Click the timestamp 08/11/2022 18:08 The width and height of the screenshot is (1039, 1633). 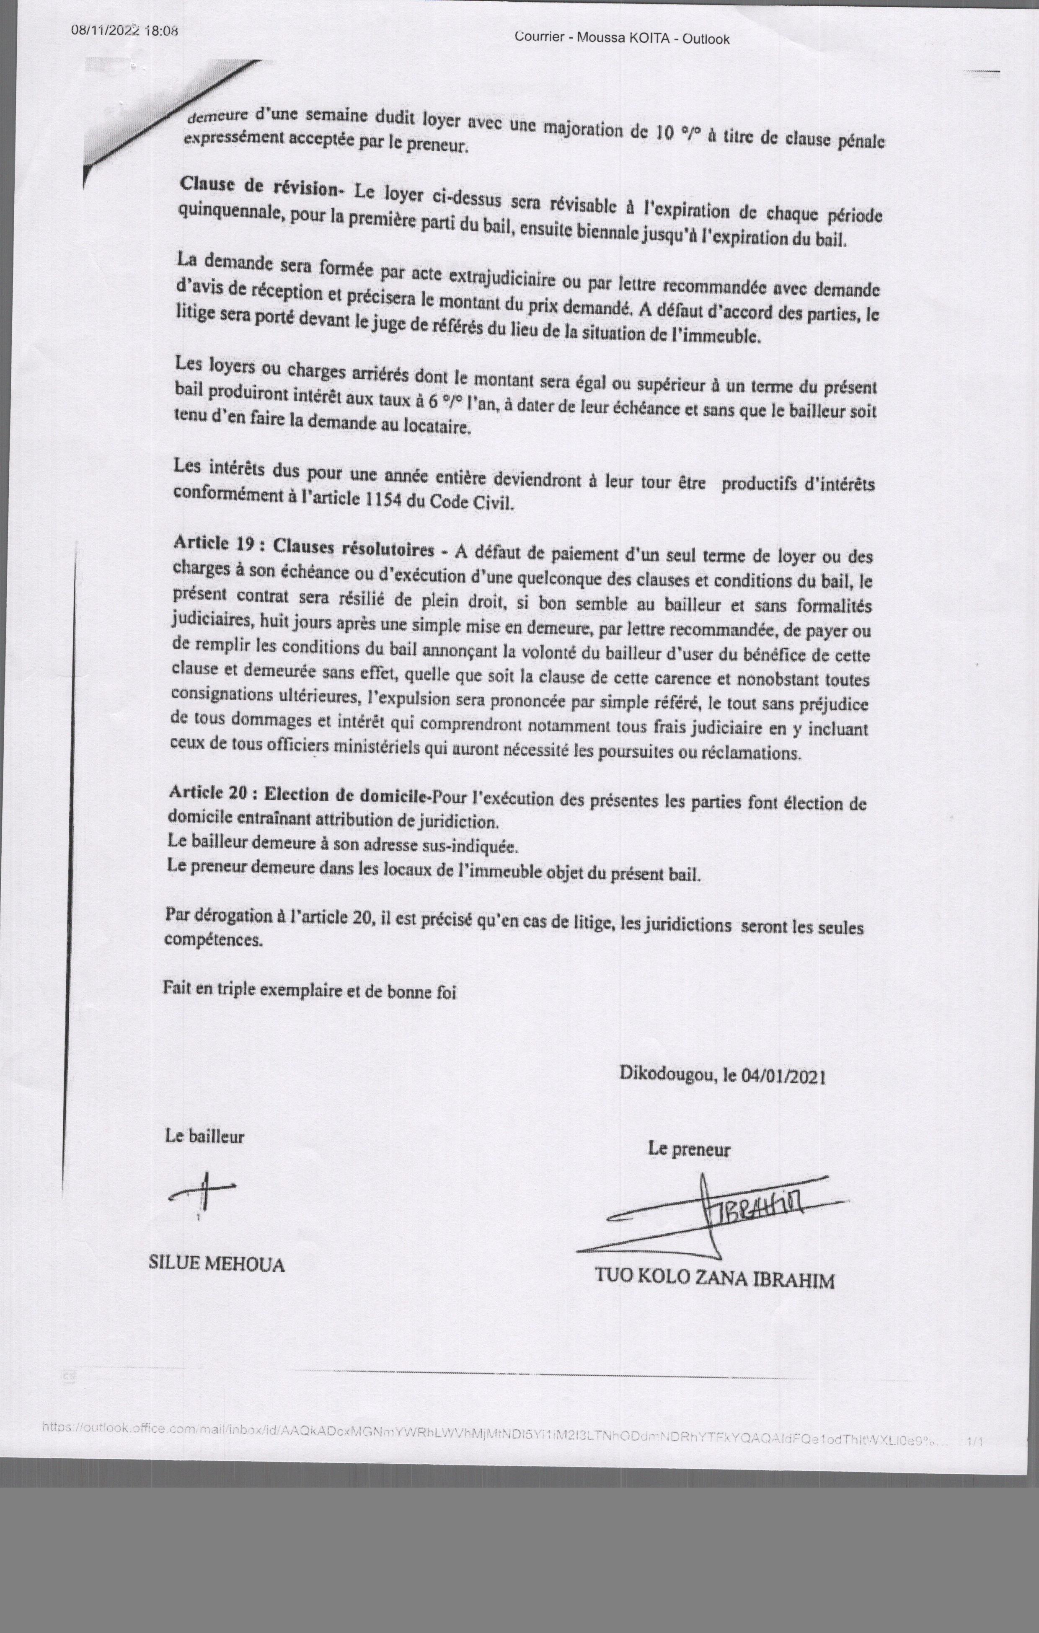(124, 30)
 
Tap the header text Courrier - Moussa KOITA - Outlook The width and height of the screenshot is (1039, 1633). (622, 38)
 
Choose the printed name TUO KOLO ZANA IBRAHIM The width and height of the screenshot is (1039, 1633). (714, 1279)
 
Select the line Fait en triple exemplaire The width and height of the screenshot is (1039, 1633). (309, 991)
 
